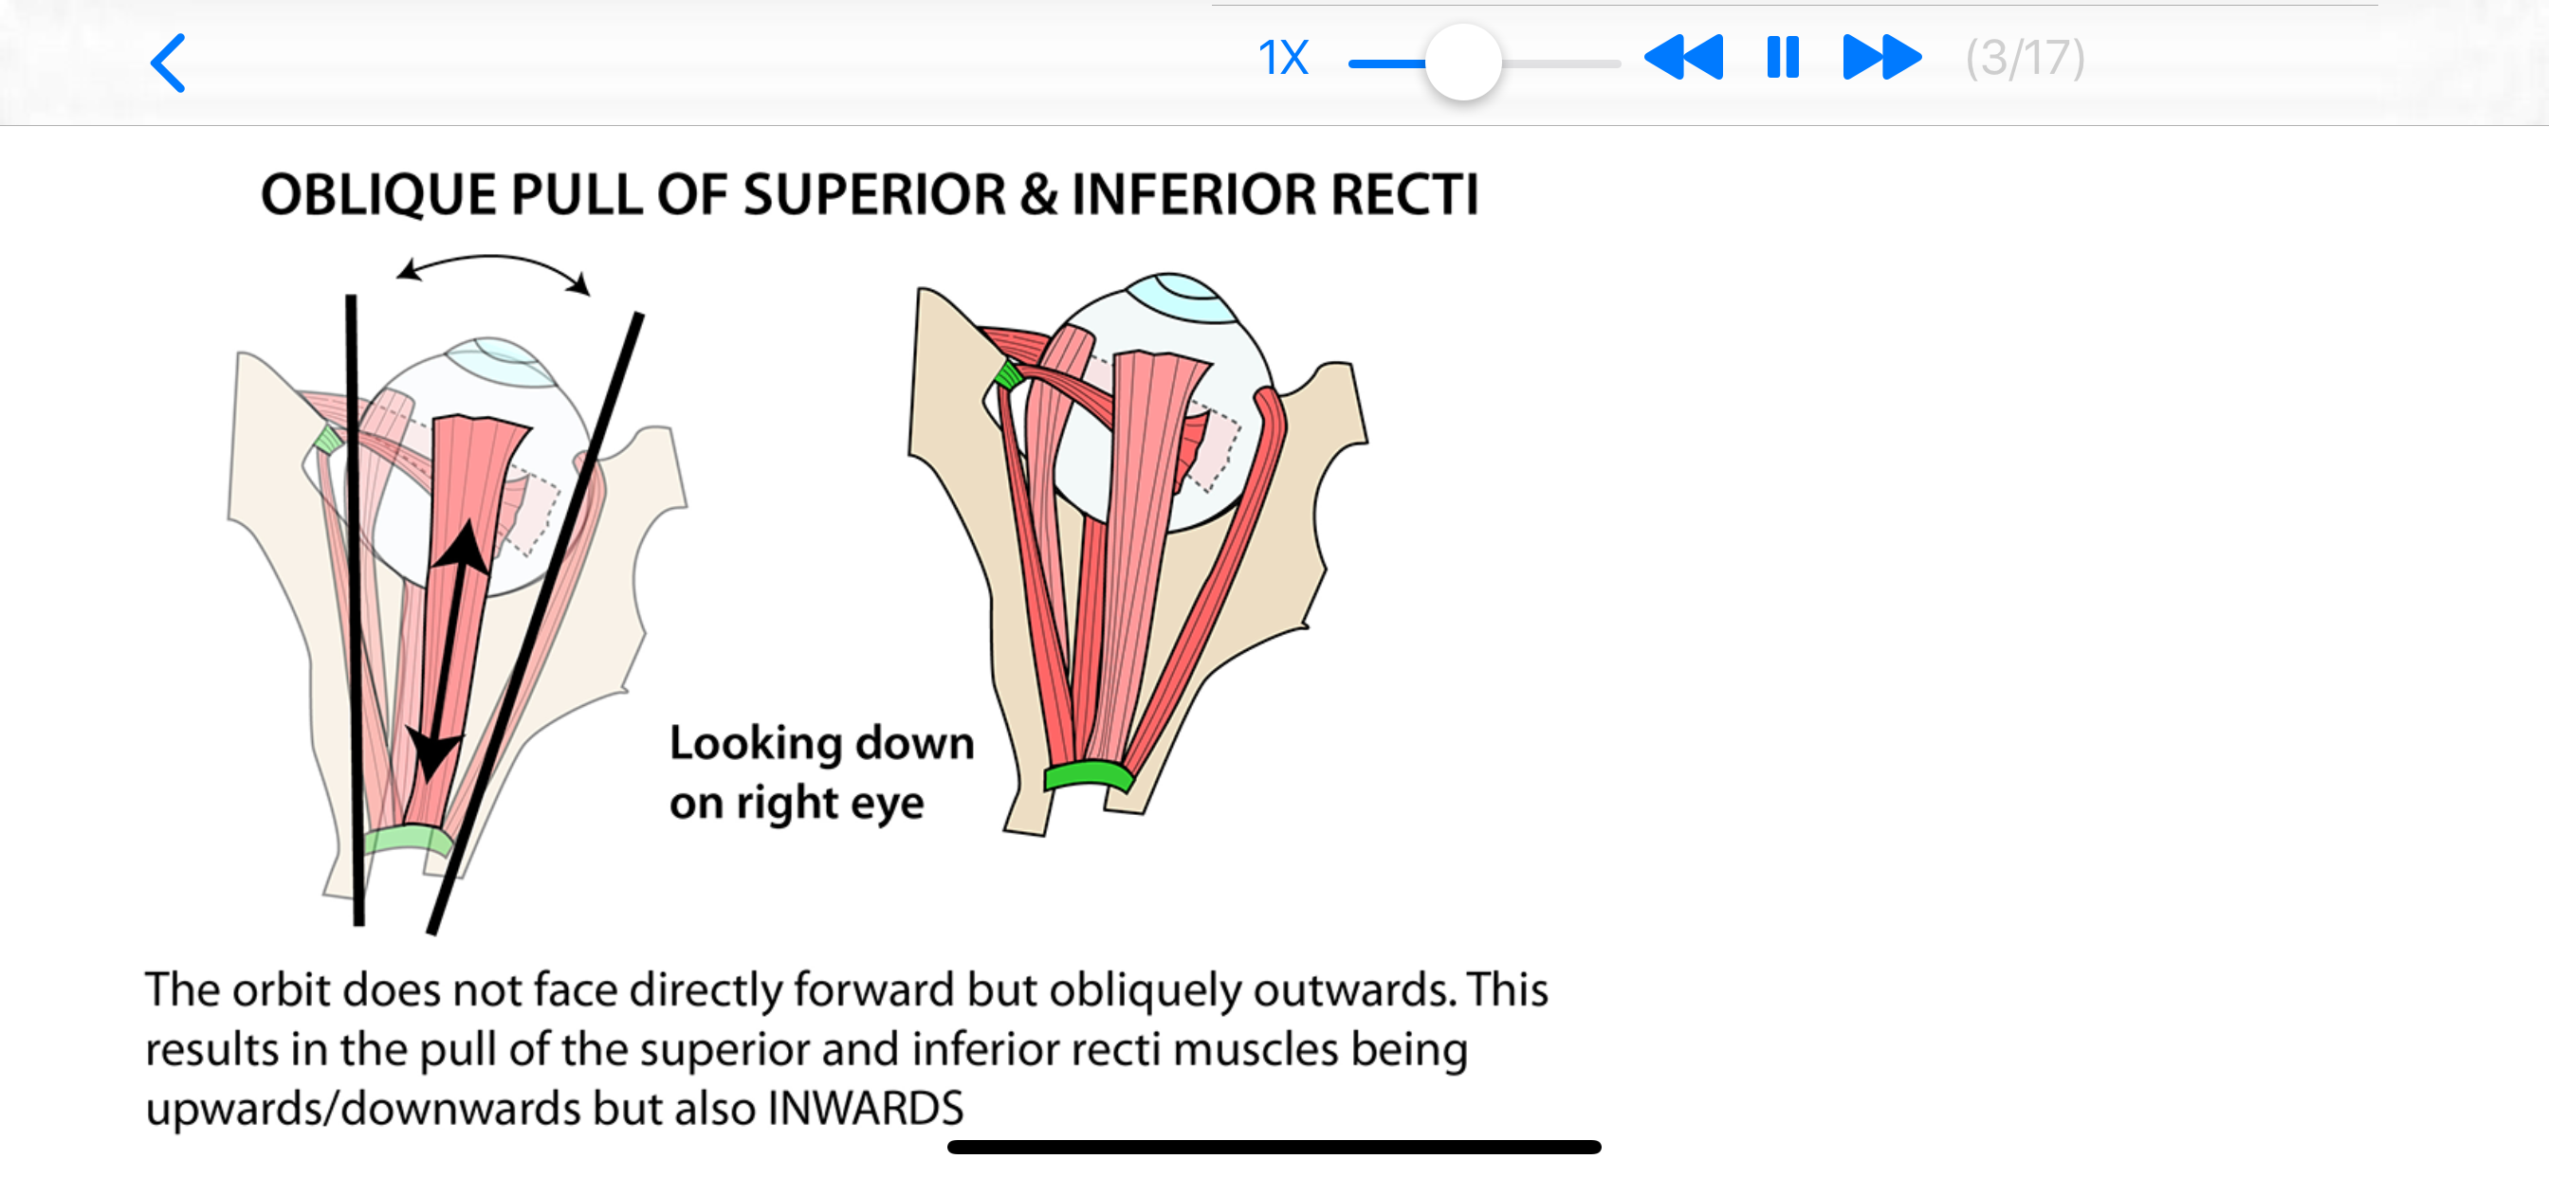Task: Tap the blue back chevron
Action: (x=168, y=63)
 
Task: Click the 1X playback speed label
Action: (x=1282, y=59)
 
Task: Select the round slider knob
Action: (x=1462, y=63)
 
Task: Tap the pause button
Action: (x=1782, y=58)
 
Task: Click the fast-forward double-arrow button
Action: (x=1881, y=58)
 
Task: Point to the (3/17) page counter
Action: (x=2025, y=59)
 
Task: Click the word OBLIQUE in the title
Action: (x=378, y=195)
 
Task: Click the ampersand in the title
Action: (x=1038, y=195)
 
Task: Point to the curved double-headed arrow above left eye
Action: (x=493, y=263)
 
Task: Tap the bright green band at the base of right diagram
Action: (x=1089, y=773)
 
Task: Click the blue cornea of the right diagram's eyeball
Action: (x=1183, y=296)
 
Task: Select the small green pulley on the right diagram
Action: (x=1007, y=375)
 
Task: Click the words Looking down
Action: (x=821, y=743)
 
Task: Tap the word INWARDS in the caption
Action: (x=865, y=1109)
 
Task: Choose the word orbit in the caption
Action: (x=280, y=990)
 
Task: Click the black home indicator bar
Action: (x=1274, y=1148)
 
